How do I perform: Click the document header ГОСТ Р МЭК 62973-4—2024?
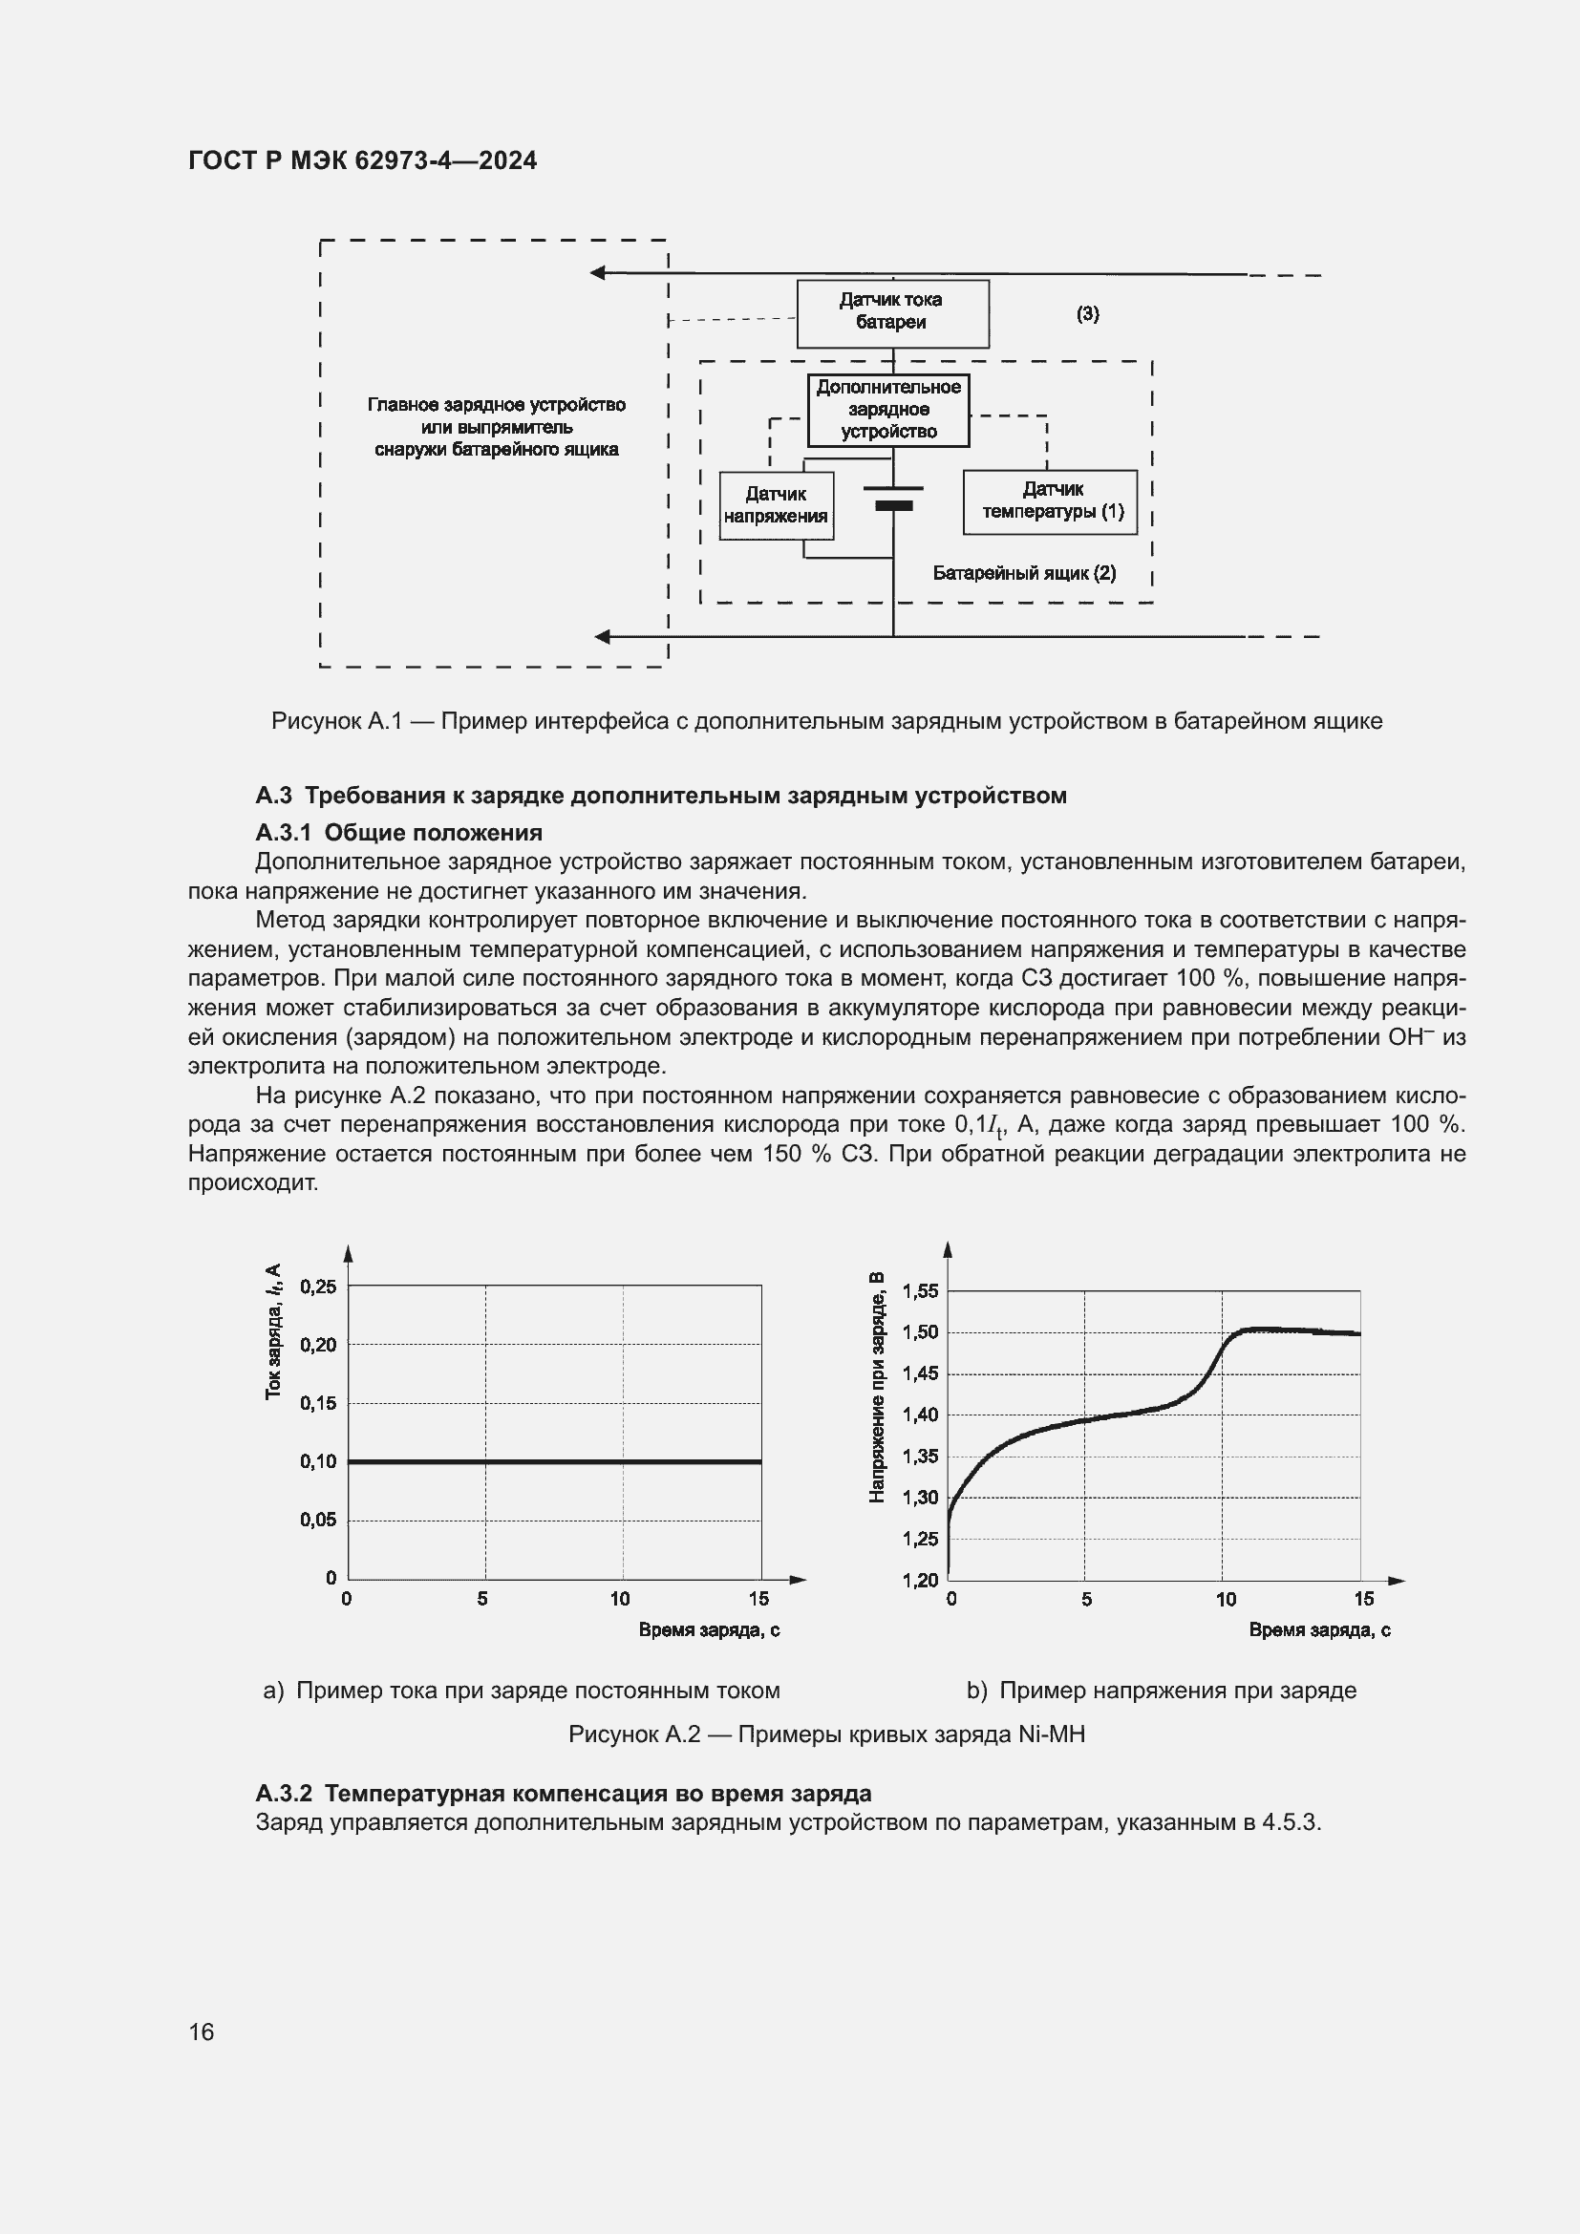(x=362, y=161)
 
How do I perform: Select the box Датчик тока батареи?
(x=892, y=313)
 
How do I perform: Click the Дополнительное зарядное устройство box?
(x=888, y=411)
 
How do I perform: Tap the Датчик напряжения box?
(x=776, y=506)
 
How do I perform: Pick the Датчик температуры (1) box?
(x=1051, y=502)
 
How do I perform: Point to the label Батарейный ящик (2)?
(x=1023, y=573)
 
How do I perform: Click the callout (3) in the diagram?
(x=1087, y=314)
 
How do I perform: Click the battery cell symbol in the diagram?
(x=893, y=498)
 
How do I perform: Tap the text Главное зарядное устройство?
(x=496, y=405)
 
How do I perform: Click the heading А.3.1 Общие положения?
(x=399, y=833)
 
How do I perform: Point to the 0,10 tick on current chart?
(x=318, y=1461)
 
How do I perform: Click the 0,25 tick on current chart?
(x=318, y=1287)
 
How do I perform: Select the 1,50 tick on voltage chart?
(x=920, y=1332)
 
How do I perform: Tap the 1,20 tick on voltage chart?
(x=920, y=1581)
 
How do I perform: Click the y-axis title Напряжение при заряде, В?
(x=877, y=1388)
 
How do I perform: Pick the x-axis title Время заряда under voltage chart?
(x=1319, y=1629)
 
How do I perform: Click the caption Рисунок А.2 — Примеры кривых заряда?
(x=826, y=1734)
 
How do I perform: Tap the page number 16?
(x=202, y=2032)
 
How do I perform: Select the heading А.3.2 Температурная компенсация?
(x=564, y=1794)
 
